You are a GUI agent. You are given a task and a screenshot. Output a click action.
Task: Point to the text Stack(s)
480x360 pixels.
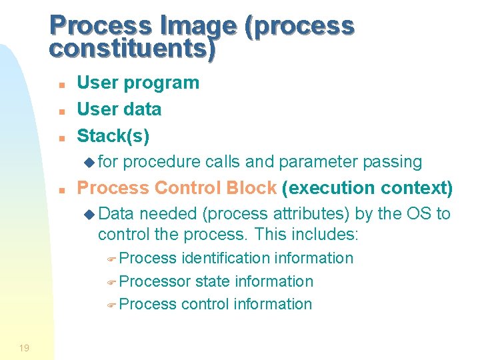[113, 136]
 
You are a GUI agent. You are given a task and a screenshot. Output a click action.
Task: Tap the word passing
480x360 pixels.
[393, 162]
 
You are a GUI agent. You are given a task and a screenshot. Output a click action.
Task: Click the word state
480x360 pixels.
[212, 281]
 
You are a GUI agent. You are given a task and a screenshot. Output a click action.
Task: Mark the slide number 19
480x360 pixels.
[24, 347]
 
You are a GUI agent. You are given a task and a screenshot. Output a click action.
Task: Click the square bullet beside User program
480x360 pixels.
[61, 85]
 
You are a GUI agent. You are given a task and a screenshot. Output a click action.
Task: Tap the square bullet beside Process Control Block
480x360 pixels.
[61, 190]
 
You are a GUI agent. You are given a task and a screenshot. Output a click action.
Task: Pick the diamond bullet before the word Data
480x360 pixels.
[90, 215]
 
